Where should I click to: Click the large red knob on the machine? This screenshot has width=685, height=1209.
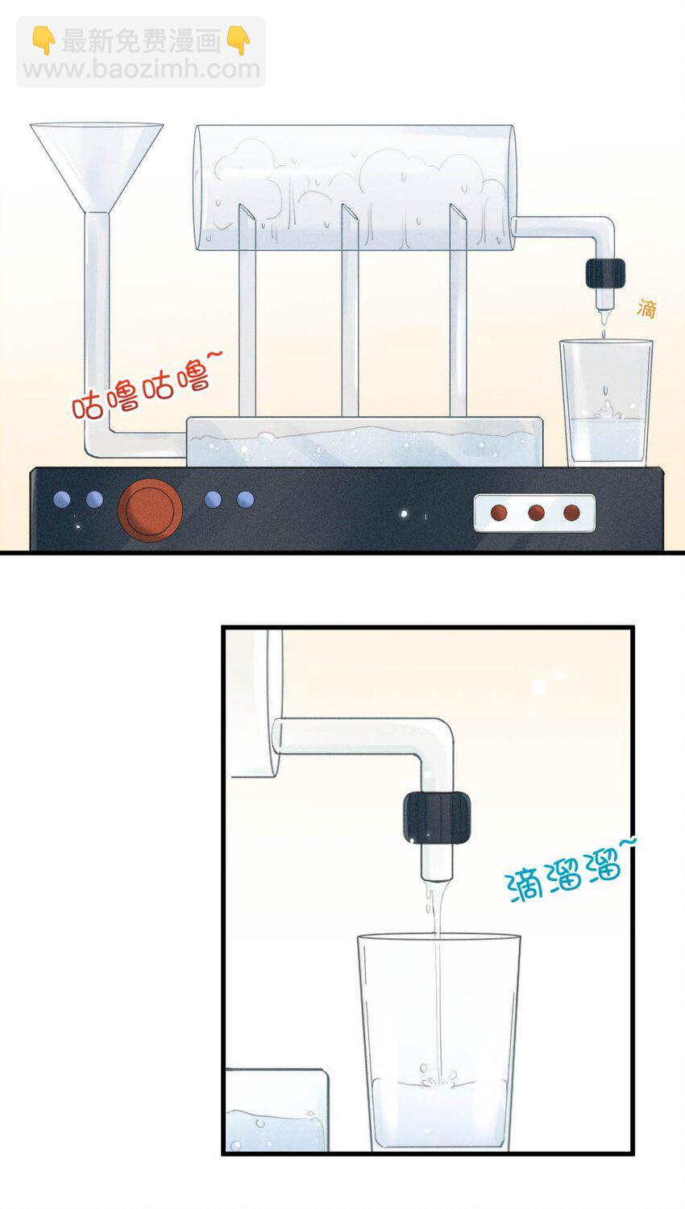[x=150, y=509]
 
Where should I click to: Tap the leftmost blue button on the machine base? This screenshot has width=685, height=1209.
[x=62, y=500]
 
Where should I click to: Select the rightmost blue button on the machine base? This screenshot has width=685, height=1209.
[x=246, y=500]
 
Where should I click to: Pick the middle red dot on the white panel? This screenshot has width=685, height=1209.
[x=536, y=513]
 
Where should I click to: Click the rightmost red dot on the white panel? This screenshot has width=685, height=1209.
[x=571, y=513]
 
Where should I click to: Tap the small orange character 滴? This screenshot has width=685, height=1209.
[x=646, y=308]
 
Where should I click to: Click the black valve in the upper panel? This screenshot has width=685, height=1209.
[x=605, y=273]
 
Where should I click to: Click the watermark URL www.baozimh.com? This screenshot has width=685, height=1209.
[x=141, y=69]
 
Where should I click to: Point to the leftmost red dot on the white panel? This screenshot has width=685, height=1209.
[x=499, y=513]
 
